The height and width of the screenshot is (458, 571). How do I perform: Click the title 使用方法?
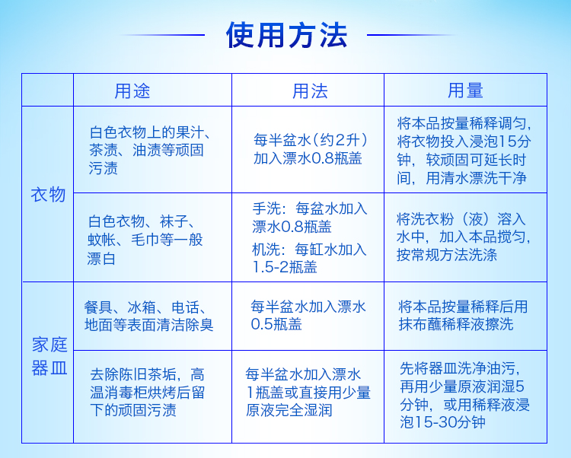coord(286,35)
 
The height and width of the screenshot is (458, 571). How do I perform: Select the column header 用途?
coord(132,91)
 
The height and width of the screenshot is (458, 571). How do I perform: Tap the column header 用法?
coord(310,91)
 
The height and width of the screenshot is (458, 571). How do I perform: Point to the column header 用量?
coord(465,91)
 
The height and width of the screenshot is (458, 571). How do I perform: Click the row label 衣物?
coord(48,195)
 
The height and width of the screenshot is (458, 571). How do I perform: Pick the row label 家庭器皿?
coord(49,356)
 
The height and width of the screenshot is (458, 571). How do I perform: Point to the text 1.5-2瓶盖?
coord(285,267)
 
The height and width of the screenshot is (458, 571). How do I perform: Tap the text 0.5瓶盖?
coord(276,324)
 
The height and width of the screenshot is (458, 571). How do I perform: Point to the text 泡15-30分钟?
coord(442,422)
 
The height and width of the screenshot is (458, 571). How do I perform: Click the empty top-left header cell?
coord(48,90)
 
